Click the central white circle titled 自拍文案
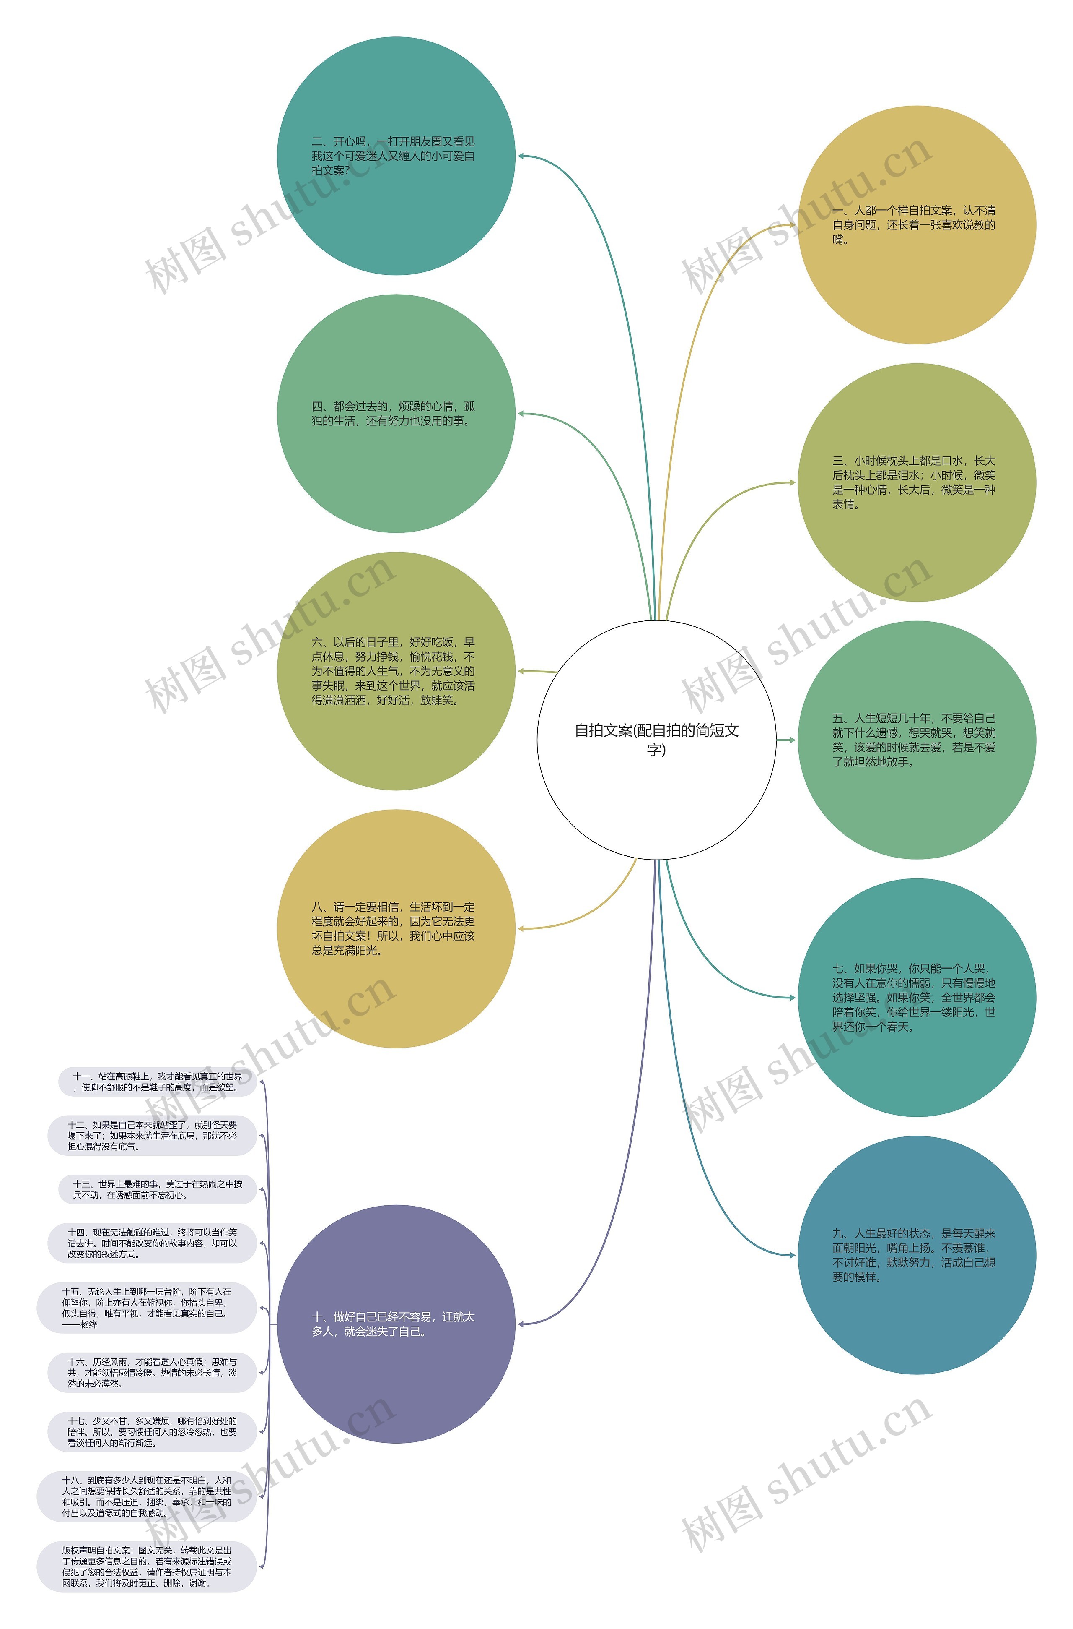[x=656, y=740]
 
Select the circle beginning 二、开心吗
[x=396, y=156]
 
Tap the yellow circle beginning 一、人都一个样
[x=916, y=224]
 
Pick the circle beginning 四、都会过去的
[x=396, y=414]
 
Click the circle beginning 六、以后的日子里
[x=396, y=671]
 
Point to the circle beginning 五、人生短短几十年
[x=916, y=740]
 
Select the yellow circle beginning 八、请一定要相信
[x=396, y=928]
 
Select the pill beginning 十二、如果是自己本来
[x=151, y=1135]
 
